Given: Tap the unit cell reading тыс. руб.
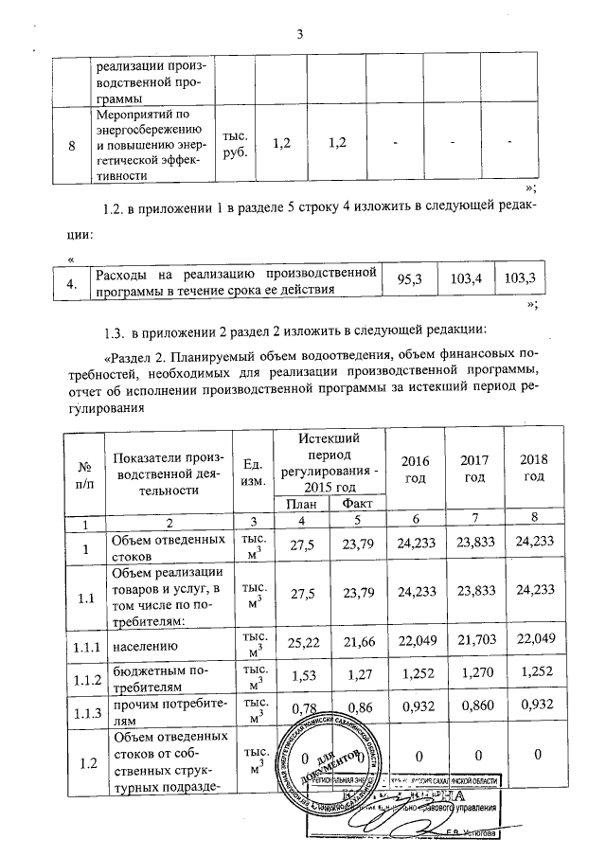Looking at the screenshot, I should coord(233,145).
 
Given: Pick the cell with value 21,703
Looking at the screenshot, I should coord(473,644).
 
